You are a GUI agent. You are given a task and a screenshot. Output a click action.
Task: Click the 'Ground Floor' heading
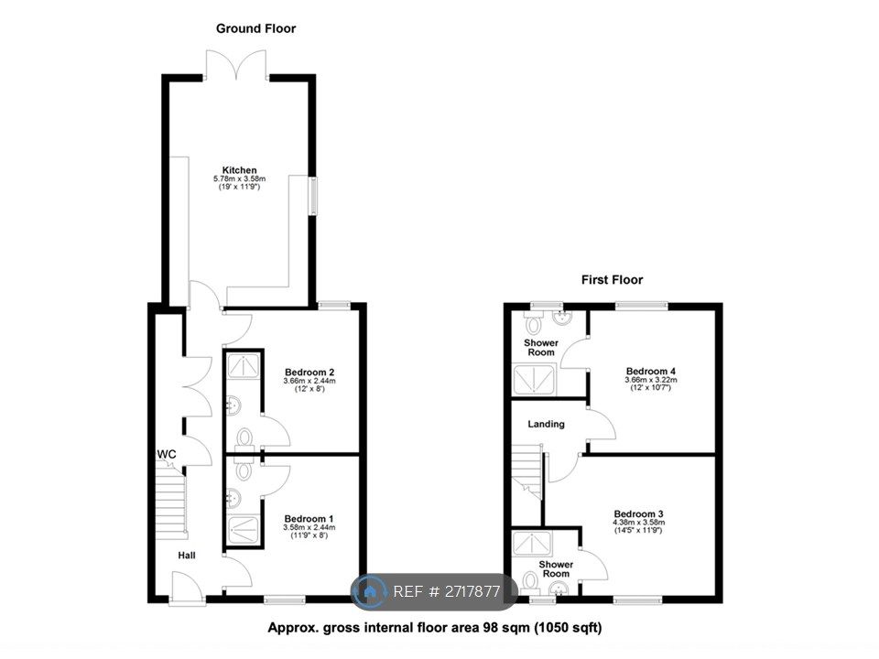255,28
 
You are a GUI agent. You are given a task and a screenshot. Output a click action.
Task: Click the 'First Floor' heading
613,280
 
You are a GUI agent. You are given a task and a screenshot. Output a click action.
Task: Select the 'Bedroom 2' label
308,372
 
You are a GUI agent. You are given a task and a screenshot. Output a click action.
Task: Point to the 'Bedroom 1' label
309,518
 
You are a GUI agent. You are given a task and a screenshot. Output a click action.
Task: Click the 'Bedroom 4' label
650,372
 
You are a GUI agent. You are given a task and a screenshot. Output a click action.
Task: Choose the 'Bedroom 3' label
638,513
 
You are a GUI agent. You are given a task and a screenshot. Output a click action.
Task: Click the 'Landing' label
547,424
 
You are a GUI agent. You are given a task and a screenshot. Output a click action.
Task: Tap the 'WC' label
167,454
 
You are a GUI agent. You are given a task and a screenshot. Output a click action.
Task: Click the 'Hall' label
187,555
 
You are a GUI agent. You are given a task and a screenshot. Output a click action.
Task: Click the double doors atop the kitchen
237,65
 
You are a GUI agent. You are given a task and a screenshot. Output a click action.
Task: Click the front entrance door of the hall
187,587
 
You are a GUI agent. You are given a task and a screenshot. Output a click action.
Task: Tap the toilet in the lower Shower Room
530,582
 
